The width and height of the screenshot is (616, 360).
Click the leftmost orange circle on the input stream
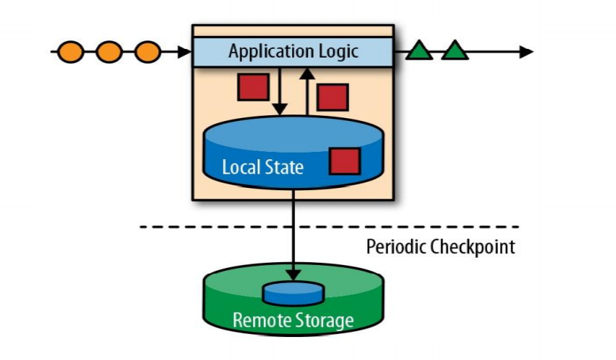coord(70,52)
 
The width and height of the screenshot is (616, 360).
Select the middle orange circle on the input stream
coord(109,52)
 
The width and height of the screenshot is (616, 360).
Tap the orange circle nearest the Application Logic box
coord(148,52)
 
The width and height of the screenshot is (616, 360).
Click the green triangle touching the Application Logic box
coord(420,51)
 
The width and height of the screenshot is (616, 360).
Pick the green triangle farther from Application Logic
coord(455,51)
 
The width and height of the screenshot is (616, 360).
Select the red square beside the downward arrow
coord(253,87)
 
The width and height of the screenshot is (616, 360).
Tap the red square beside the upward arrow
coord(332,97)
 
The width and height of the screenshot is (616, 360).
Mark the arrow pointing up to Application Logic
coord(307,90)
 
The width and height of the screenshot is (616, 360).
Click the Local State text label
coord(263,168)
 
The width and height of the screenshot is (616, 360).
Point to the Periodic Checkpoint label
coord(440,247)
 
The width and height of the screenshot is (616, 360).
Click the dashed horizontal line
coord(216,227)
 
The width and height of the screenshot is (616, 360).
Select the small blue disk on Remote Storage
coord(292,292)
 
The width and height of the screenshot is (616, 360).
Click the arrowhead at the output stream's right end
coord(526,52)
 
